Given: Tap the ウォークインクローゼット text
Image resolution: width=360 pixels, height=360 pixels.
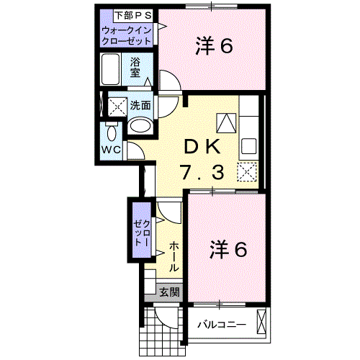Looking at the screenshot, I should pyautogui.click(x=127, y=36).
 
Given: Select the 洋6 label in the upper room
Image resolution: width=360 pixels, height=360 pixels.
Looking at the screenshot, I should pyautogui.click(x=214, y=46).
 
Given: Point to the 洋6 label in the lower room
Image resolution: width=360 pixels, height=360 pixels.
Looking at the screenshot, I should pyautogui.click(x=229, y=249).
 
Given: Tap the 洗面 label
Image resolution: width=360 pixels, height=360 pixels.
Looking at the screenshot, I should pyautogui.click(x=140, y=105).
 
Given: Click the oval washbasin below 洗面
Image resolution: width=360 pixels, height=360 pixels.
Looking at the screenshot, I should pyautogui.click(x=140, y=127).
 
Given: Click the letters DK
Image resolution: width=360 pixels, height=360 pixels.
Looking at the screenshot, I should pyautogui.click(x=204, y=145).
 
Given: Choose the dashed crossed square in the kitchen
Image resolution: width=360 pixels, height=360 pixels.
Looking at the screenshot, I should pyautogui.click(x=247, y=172).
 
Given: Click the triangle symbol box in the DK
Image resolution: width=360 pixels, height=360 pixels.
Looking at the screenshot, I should pyautogui.click(x=226, y=122).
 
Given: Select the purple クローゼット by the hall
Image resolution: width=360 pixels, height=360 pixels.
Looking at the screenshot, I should pyautogui.click(x=139, y=231).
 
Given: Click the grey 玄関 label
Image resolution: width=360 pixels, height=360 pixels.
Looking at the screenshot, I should pyautogui.click(x=169, y=292).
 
